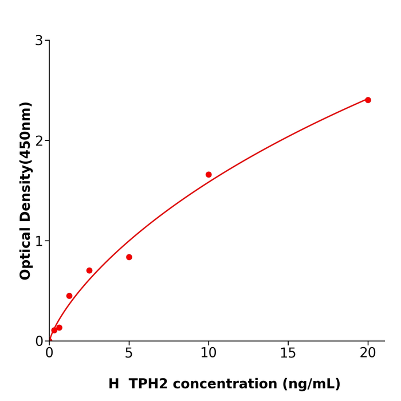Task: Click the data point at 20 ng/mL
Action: click(x=368, y=100)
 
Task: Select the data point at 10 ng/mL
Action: click(x=209, y=175)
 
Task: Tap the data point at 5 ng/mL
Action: click(x=129, y=257)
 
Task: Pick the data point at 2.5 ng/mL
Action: click(x=89, y=270)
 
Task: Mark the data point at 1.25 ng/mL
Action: click(x=69, y=296)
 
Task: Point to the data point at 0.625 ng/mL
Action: click(x=59, y=328)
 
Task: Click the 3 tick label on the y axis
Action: click(x=39, y=41)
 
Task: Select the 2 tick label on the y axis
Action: click(x=39, y=141)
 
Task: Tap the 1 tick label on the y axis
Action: click(x=39, y=241)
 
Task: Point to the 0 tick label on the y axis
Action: click(x=39, y=341)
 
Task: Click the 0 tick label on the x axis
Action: click(x=49, y=353)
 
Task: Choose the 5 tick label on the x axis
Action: click(x=129, y=353)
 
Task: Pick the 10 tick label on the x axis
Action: click(x=209, y=353)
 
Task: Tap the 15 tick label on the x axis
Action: click(x=288, y=353)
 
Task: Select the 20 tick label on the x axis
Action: click(x=368, y=353)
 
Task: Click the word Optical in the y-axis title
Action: click(x=26, y=252)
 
